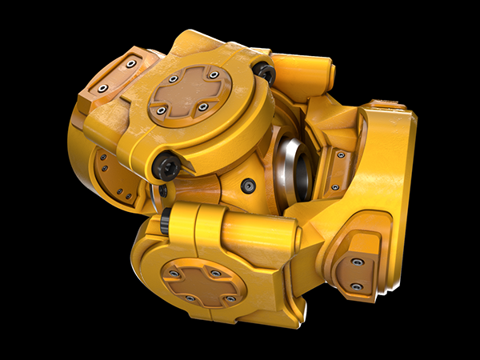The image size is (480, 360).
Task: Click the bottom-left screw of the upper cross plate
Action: click(x=161, y=110)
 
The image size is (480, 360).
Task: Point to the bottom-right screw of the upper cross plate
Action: click(x=203, y=106)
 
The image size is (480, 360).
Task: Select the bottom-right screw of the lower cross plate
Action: click(x=230, y=298)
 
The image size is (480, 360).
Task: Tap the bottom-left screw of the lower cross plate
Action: click(x=189, y=298)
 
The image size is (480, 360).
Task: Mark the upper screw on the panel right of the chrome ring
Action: click(x=341, y=154)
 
